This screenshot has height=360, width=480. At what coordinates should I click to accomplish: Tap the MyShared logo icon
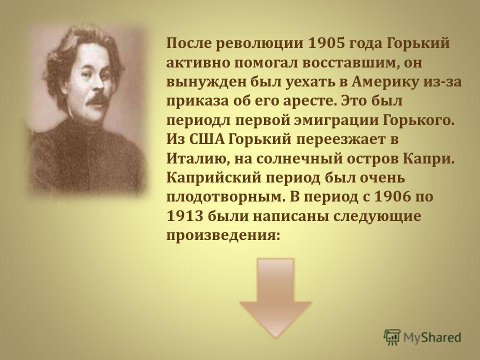pyautogui.click(x=392, y=337)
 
